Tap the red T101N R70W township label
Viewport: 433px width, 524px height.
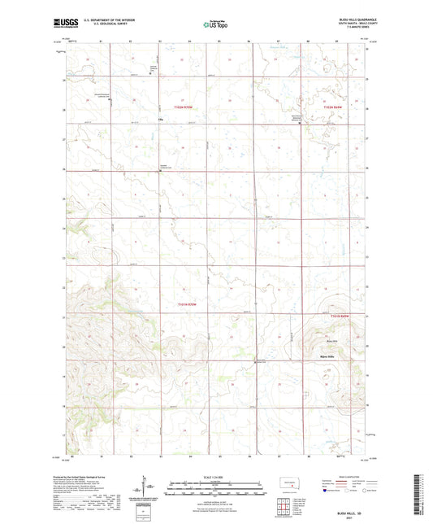(188, 303)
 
